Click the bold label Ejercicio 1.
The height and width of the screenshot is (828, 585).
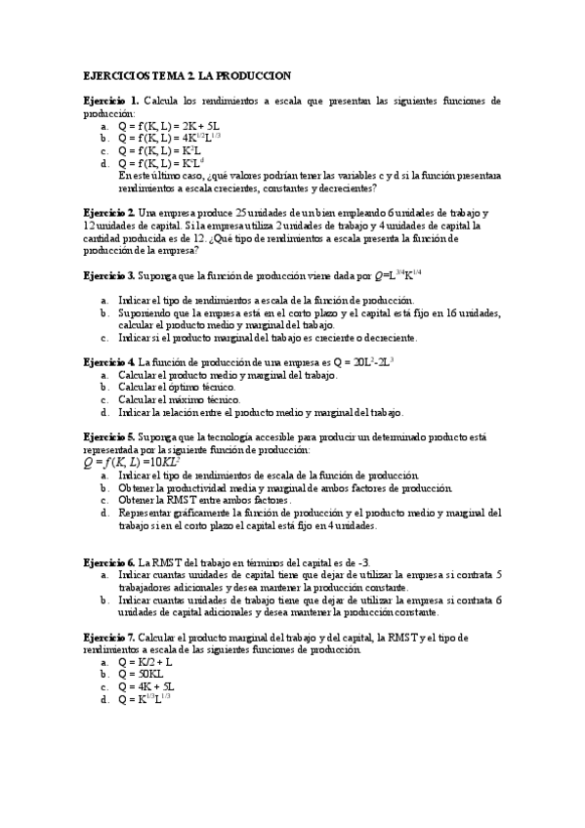pyautogui.click(x=110, y=101)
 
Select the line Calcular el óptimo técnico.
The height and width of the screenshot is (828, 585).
pyautogui.click(x=177, y=387)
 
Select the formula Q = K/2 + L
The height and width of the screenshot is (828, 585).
pyautogui.click(x=146, y=661)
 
